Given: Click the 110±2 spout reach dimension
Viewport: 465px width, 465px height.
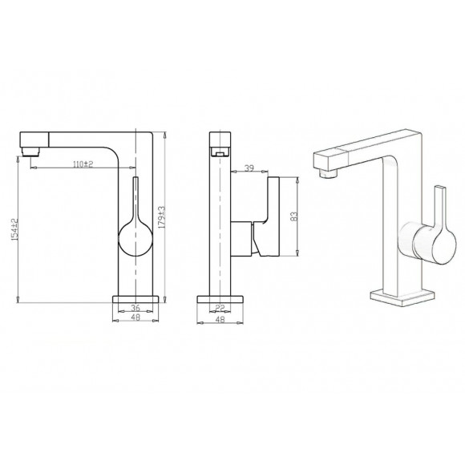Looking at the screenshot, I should click(83, 164).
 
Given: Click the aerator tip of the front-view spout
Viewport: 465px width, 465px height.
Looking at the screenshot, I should click(30, 150).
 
